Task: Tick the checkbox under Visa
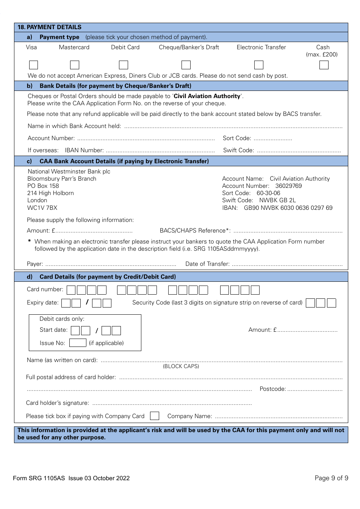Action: (33, 65)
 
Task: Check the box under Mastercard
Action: (75, 65)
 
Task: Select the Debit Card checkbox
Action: (124, 65)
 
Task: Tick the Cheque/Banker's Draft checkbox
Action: (186, 65)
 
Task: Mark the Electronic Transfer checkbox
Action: (259, 65)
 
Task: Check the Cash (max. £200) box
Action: (324, 65)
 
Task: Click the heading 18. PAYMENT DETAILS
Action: (50, 27)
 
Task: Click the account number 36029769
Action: (288, 186)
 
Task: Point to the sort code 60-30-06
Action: (268, 193)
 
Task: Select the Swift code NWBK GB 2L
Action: (277, 200)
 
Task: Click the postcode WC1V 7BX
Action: (42, 208)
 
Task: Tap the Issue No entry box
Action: (78, 343)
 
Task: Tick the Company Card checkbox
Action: (154, 416)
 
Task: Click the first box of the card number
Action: (71, 290)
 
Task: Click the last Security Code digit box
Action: (331, 303)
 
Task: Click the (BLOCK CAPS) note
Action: (181, 366)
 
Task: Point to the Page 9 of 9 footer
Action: (331, 478)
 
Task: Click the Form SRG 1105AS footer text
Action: (71, 478)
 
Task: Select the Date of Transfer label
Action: (207, 264)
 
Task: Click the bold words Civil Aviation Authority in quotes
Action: (207, 96)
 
